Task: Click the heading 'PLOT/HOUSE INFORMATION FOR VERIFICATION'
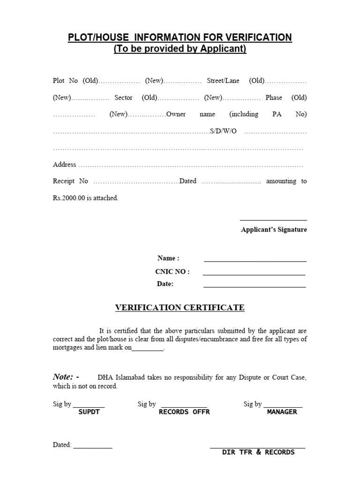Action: point(180,37)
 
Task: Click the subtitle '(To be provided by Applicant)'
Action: point(180,49)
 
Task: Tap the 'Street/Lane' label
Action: point(223,81)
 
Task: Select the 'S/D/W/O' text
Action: point(223,131)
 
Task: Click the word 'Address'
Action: point(64,165)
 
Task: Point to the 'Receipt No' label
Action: point(70,181)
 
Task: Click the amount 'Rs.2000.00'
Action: point(68,198)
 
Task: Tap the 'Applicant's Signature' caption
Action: point(274,230)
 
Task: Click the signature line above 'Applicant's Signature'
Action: point(273,219)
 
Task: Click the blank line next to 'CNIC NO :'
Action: point(254,274)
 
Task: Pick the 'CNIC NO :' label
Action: point(172,271)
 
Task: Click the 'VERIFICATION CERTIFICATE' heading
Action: point(180,307)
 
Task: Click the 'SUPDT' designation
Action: point(89,412)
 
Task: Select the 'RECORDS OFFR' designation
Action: point(184,412)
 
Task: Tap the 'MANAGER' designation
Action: point(282,412)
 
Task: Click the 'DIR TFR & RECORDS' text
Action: point(258,452)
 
